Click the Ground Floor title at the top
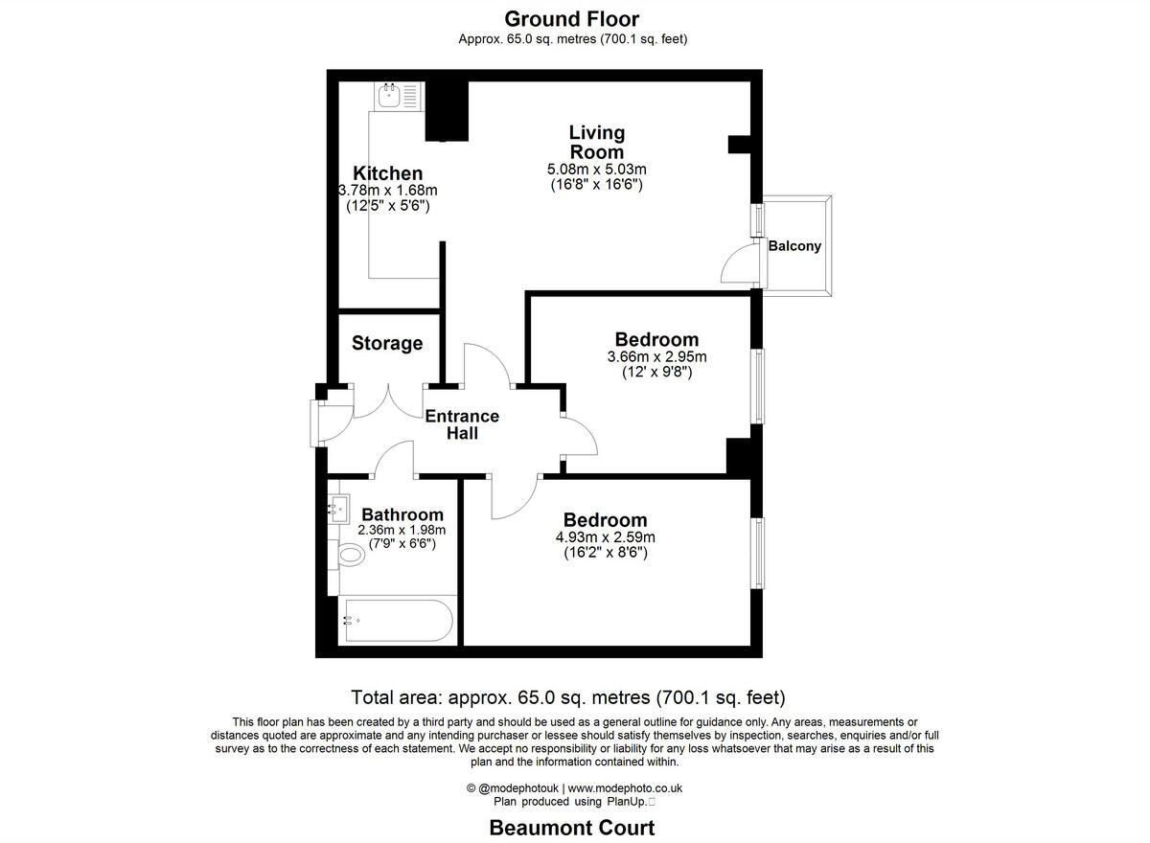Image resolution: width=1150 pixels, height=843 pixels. (571, 18)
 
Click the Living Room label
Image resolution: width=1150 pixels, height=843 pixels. (596, 142)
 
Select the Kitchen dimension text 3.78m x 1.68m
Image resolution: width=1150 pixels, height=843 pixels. (388, 191)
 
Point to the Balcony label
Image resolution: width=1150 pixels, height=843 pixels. (794, 246)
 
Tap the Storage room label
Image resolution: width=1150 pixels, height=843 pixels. (387, 343)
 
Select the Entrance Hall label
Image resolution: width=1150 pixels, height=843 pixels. (462, 424)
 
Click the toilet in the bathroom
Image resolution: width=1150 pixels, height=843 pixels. (351, 554)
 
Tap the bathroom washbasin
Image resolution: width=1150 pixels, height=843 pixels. (338, 508)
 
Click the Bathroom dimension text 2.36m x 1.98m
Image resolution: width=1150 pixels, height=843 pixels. (402, 530)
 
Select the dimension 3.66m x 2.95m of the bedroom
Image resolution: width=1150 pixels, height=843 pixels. (656, 357)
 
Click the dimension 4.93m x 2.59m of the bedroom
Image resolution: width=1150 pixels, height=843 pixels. (605, 537)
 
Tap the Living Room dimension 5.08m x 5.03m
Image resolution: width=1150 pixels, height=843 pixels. (596, 170)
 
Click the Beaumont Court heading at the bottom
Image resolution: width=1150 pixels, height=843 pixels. (572, 828)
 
